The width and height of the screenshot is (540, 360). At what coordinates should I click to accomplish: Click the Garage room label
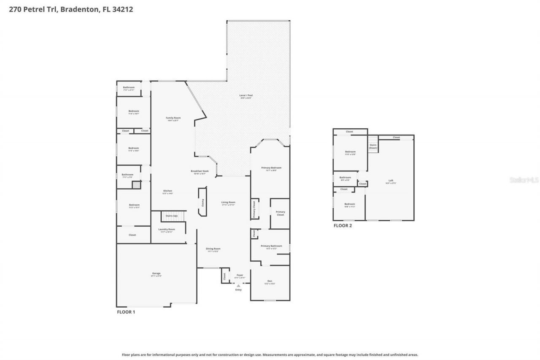pos(156,274)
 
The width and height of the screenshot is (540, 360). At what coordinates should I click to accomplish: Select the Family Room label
pos(173,119)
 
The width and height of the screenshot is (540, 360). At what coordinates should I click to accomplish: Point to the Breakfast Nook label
pos(199,172)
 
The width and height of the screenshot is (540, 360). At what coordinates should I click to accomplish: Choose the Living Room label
pos(228,203)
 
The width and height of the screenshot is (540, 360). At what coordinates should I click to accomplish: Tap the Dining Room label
pos(213,249)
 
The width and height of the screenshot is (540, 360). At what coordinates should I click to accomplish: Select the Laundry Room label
pos(167,230)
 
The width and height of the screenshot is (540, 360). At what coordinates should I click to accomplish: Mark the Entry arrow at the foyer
pos(238,286)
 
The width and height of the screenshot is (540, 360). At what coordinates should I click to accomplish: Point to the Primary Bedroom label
pos(271,168)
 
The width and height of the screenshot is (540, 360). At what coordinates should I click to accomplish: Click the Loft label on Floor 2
pos(391,181)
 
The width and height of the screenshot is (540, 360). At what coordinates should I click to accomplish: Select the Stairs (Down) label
pos(373,146)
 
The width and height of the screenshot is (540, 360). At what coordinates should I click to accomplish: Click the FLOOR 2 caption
pos(343,225)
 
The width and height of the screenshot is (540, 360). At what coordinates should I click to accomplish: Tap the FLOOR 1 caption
pos(126,312)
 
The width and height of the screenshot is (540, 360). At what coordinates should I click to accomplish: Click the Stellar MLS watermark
pos(524,180)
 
